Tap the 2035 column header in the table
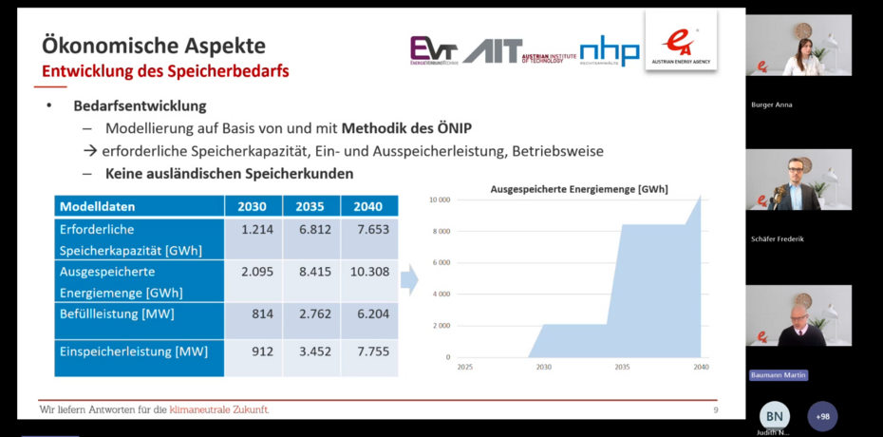[310, 206]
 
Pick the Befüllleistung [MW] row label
[116, 313]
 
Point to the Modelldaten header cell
[98, 206]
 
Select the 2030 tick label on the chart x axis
[544, 366]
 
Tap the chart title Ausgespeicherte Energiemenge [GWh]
[579, 189]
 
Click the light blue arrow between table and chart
[409, 279]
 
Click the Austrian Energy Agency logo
[681, 42]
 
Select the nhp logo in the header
[610, 50]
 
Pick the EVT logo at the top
[433, 50]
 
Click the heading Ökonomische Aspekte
[155, 46]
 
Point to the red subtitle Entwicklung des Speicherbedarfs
[165, 71]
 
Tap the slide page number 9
[715, 409]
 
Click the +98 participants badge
[822, 416]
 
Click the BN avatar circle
[775, 416]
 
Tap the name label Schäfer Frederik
[778, 239]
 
